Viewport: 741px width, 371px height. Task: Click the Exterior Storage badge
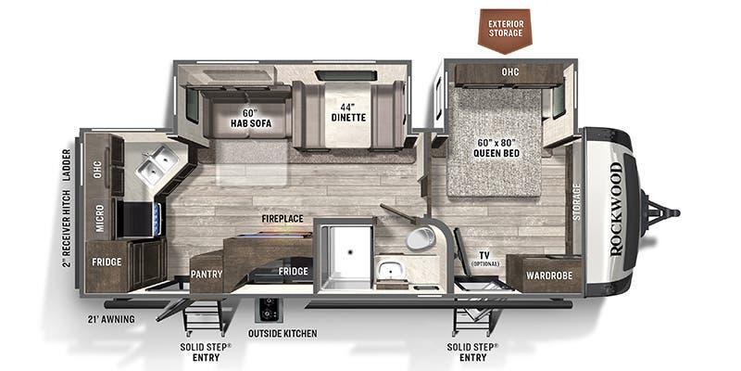[x=505, y=29]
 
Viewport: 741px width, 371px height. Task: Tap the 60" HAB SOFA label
[x=250, y=119]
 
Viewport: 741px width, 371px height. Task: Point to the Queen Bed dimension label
[x=496, y=147]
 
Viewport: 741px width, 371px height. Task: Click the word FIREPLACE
[x=283, y=219]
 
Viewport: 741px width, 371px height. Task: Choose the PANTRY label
[x=207, y=274]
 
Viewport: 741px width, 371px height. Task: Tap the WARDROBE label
[x=548, y=275]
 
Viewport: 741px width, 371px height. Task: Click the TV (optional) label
[x=484, y=259]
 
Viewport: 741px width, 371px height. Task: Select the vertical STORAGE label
[x=576, y=201]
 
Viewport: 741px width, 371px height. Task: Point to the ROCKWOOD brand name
[x=617, y=210]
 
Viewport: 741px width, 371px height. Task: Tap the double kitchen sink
[x=156, y=163]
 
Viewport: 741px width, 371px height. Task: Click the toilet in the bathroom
[x=421, y=237]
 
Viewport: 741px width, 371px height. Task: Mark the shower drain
[x=350, y=251]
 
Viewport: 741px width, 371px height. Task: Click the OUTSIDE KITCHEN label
[x=283, y=334]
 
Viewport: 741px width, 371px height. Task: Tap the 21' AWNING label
[x=110, y=319]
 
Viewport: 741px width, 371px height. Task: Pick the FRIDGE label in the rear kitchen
[x=107, y=262]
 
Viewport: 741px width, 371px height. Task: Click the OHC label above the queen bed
[x=510, y=72]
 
